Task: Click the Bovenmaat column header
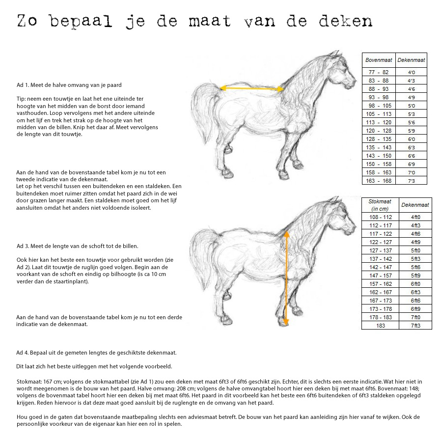[379, 60]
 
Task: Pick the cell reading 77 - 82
[379, 72]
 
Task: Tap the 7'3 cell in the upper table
[411, 181]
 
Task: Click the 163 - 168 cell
[379, 181]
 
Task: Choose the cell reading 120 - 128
[379, 131]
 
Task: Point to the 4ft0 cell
[415, 217]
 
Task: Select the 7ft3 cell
[415, 326]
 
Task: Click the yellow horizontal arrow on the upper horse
[252, 89]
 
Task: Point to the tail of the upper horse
[201, 113]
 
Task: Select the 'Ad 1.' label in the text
[23, 85]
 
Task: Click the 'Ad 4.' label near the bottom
[23, 353]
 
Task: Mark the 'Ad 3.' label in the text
[23, 246]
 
